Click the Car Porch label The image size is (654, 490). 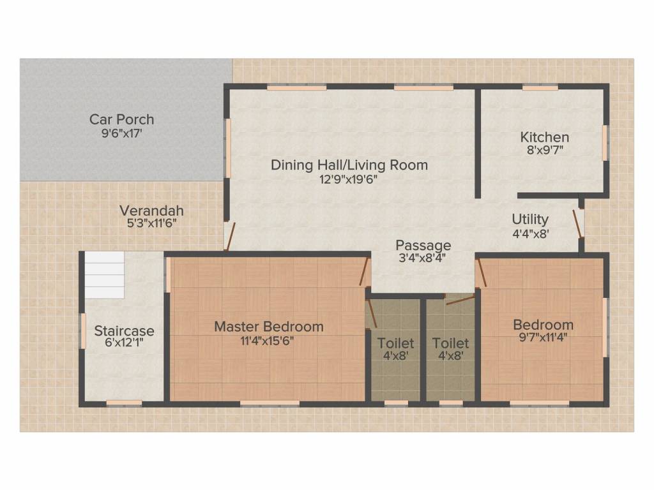122,119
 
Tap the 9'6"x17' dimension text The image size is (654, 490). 122,133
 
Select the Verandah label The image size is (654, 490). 152,211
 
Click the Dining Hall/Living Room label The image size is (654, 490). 349,165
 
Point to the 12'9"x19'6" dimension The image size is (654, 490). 349,179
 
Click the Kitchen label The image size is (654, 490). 545,137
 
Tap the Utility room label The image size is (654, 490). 530,219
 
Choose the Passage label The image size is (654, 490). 423,245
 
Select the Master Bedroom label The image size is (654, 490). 269,326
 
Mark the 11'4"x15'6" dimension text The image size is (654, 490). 268,341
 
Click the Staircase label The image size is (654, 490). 125,331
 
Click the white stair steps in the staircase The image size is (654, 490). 104,275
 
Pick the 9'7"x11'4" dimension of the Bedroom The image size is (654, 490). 543,337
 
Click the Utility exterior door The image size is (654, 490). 577,224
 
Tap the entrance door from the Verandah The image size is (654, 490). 230,237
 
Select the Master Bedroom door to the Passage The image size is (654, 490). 365,272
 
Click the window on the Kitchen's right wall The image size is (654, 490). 605,142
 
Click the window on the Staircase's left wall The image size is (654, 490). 83,331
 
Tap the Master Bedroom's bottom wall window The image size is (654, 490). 270,403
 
